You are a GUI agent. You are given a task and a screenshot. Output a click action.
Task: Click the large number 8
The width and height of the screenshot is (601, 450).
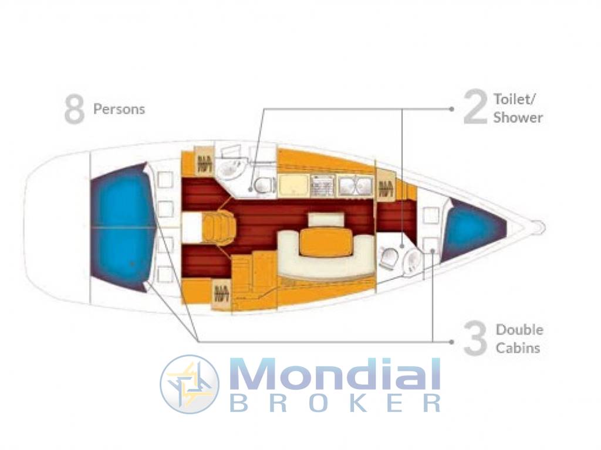74,110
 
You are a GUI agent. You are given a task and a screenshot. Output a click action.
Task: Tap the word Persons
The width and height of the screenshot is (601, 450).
119,110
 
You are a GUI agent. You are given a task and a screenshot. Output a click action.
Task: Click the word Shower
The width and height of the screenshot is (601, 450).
518,117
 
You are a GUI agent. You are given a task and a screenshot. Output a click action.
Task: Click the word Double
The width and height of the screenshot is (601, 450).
519,330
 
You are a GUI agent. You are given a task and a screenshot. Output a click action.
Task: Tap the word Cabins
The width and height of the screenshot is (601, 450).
518,348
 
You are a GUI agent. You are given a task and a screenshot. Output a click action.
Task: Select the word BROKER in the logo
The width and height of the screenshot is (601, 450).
335,403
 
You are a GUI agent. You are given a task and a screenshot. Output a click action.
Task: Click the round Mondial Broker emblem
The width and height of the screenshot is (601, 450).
190,384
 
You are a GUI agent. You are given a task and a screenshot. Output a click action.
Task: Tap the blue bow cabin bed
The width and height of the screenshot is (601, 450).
472,229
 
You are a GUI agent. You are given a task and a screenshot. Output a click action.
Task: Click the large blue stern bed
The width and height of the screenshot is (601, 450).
123,227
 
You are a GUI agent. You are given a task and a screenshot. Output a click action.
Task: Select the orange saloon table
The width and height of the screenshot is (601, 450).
326,242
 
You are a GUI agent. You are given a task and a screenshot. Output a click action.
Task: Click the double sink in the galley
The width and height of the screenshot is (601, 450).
355,186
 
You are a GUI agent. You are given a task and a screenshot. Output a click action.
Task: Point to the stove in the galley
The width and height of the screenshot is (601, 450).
323,186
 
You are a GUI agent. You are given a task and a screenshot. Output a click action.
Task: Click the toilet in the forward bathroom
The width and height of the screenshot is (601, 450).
389,258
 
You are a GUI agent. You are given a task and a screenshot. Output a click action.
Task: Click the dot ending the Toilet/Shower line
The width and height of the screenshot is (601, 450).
452,109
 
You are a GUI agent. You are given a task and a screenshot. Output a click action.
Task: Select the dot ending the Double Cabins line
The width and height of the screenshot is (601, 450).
452,342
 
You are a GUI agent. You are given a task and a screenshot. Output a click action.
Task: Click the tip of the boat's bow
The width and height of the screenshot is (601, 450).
544,228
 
